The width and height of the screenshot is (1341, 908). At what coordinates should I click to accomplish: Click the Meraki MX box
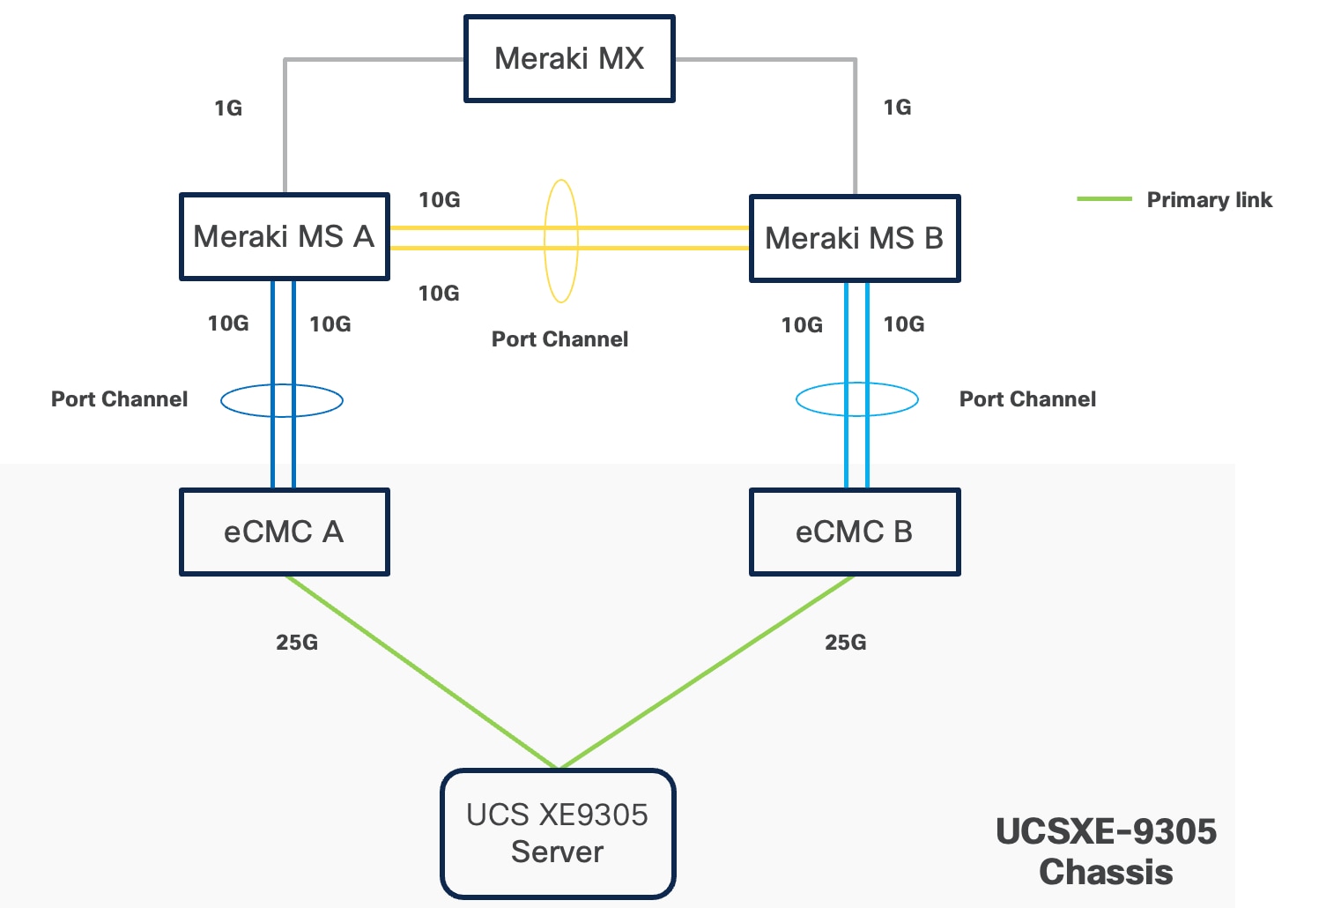[x=569, y=59]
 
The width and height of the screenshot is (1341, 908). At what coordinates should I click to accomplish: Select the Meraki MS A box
[x=284, y=237]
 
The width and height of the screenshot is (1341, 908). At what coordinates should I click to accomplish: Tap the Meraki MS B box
[x=854, y=239]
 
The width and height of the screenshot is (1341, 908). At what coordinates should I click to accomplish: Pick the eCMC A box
[x=284, y=532]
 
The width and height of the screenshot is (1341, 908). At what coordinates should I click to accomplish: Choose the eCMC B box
[x=854, y=532]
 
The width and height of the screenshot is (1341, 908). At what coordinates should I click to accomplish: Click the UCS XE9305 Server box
[x=558, y=834]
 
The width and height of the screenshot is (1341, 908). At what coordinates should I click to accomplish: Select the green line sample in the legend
[x=1104, y=199]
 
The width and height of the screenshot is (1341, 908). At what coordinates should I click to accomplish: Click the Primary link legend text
[x=1209, y=200]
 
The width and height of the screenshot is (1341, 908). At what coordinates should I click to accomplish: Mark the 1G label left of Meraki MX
[x=228, y=108]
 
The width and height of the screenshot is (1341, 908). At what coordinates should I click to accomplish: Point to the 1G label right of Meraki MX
[x=897, y=108]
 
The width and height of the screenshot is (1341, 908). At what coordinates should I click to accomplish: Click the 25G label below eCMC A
[x=297, y=643]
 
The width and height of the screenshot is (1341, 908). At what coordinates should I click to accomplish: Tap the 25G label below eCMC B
[x=845, y=643]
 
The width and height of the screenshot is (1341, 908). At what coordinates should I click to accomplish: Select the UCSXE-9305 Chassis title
[x=1106, y=852]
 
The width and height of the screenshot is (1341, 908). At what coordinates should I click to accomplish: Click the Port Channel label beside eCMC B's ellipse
[x=1027, y=399]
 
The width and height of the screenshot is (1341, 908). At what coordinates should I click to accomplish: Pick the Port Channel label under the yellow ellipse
[x=559, y=339]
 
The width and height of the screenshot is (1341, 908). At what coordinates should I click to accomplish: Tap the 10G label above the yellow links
[x=439, y=200]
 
